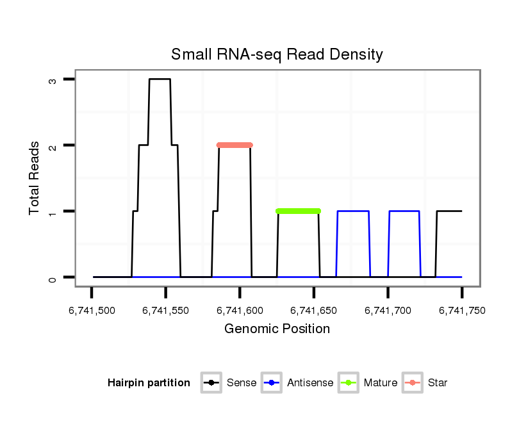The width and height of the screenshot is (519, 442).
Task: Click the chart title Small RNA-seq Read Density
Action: coord(277,54)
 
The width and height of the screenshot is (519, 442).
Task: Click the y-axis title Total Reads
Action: coord(36,178)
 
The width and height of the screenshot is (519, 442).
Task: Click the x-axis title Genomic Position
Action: coord(277,329)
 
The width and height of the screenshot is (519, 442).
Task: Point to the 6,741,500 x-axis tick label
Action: coord(92,311)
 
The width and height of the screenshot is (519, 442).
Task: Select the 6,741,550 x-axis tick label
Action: coord(166,311)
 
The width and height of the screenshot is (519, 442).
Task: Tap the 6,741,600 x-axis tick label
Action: coord(240,311)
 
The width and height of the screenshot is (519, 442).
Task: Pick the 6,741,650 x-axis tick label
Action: coord(314,311)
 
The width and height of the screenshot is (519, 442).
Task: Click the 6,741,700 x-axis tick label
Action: coord(388,311)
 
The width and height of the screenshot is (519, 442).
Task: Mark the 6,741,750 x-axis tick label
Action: coord(462,311)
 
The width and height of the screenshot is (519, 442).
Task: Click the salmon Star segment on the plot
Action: coord(235,145)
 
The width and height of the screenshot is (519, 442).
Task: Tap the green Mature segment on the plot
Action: coord(298,211)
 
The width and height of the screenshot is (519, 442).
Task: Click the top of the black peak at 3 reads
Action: coord(160,79)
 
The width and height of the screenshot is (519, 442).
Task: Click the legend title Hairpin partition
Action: coord(149,383)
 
